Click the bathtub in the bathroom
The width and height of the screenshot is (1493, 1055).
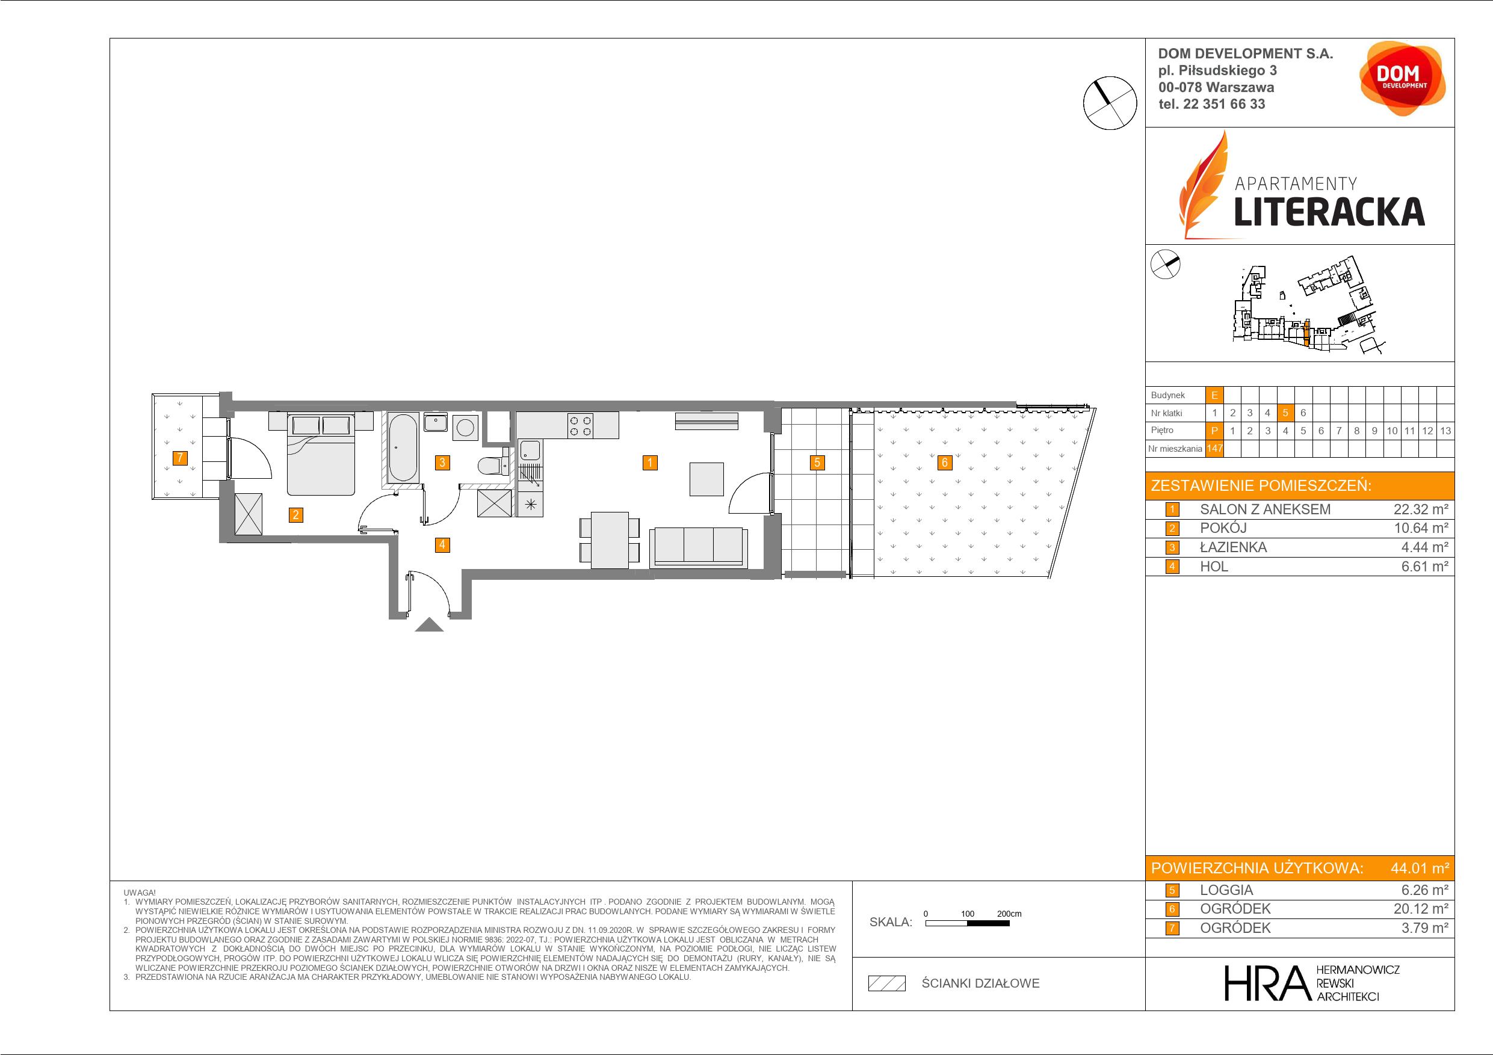pyautogui.click(x=403, y=448)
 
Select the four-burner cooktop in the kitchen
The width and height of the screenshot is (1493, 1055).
pyautogui.click(x=581, y=425)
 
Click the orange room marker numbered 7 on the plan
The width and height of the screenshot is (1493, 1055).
pyautogui.click(x=180, y=458)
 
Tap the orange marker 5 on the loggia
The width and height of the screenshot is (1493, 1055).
pyautogui.click(x=817, y=463)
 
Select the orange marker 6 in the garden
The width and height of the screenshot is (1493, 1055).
pyautogui.click(x=945, y=463)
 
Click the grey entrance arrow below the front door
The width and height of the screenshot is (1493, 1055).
pyautogui.click(x=429, y=625)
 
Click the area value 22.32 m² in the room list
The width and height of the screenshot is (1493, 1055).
pyautogui.click(x=1421, y=509)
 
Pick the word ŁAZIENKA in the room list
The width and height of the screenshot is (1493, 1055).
pyautogui.click(x=1234, y=547)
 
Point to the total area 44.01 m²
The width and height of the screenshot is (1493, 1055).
pyautogui.click(x=1420, y=868)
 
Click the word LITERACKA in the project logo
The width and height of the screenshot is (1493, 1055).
pyautogui.click(x=1329, y=211)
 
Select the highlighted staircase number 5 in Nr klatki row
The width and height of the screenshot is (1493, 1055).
pyautogui.click(x=1285, y=413)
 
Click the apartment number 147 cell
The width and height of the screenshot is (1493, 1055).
pyautogui.click(x=1214, y=449)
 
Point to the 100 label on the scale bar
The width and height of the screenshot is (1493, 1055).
pyautogui.click(x=968, y=913)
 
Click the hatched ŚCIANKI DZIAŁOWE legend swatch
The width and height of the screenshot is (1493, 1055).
pyautogui.click(x=887, y=983)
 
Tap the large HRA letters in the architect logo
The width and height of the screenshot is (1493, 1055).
pyautogui.click(x=1266, y=982)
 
